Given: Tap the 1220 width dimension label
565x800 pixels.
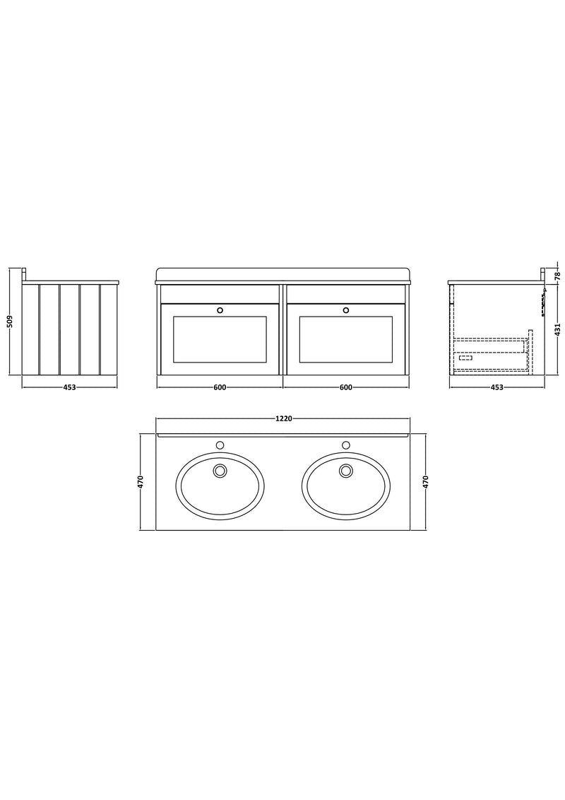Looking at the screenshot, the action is pos(283,419).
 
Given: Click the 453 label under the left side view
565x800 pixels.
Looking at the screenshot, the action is pos(69,387).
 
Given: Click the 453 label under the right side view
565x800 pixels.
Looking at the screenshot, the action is pos(496,387).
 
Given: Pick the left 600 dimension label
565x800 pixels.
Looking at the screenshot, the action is pos(220,387).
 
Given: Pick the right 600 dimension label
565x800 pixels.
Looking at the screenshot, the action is pos(346,387).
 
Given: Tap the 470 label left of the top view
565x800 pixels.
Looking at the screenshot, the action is pos(141,482).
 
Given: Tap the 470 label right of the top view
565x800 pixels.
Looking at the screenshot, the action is pos(426,482).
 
